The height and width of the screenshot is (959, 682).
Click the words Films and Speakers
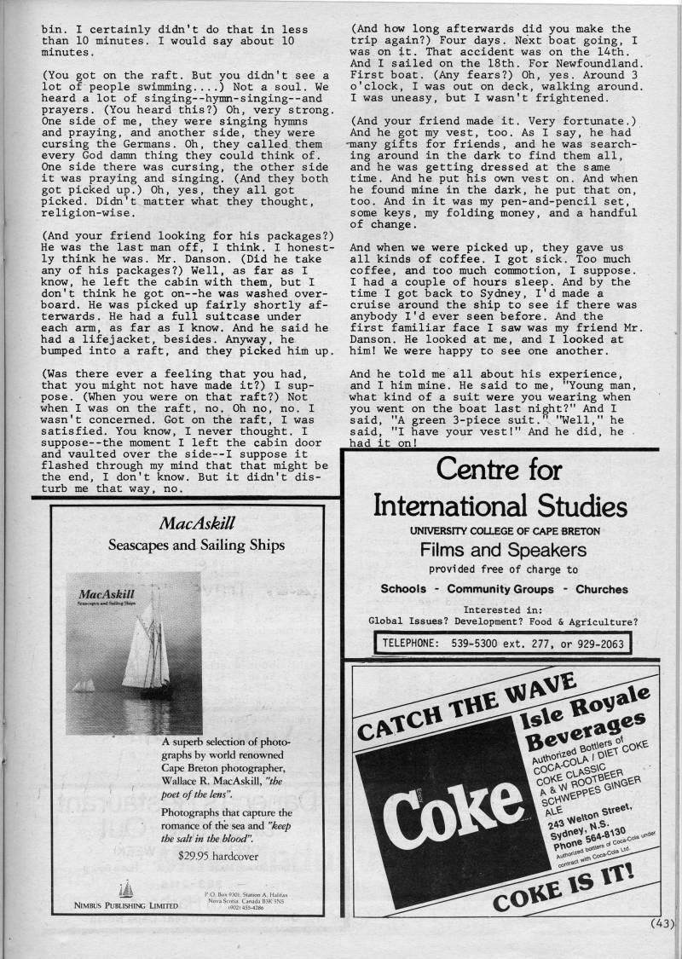tap(501, 550)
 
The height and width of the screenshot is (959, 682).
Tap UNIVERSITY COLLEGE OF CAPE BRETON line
tap(505, 530)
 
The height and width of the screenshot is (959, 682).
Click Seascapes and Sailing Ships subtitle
tap(197, 545)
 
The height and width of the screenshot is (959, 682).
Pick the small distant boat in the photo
tap(84, 685)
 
